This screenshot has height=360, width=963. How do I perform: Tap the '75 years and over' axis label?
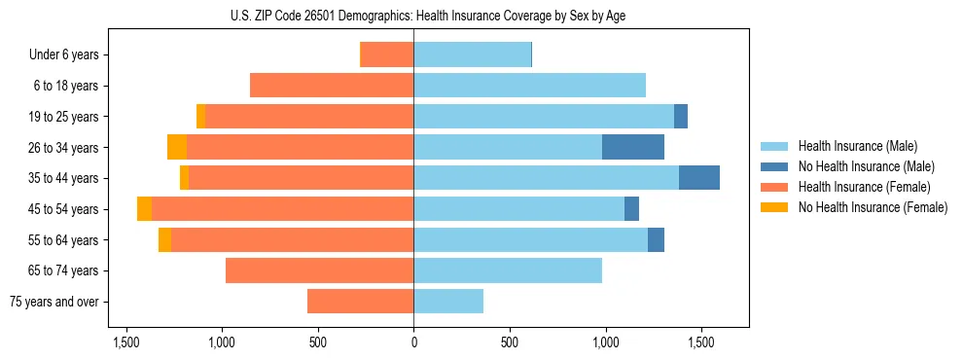[54, 302]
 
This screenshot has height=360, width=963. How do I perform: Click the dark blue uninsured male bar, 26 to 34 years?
[633, 147]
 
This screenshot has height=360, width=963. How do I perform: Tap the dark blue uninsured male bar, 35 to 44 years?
[698, 178]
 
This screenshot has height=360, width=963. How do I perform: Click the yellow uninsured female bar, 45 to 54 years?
[144, 209]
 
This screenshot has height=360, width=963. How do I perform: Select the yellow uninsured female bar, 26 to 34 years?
[176, 147]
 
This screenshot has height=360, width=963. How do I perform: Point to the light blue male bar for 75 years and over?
[448, 302]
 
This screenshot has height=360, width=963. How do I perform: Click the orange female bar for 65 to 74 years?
[319, 270]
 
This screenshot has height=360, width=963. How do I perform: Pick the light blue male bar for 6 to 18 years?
[530, 86]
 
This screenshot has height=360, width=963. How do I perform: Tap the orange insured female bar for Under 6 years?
[387, 54]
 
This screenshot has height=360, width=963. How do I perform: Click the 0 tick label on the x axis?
[413, 342]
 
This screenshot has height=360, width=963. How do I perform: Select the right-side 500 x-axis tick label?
[510, 342]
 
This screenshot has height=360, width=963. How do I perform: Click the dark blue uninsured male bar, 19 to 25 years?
[681, 117]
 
